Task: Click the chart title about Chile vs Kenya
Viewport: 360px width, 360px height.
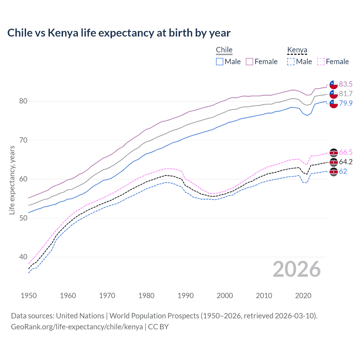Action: click(119, 33)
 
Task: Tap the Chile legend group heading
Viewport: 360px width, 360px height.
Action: click(224, 50)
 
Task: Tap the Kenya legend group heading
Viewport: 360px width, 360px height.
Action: click(297, 50)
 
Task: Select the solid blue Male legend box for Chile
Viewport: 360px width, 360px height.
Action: click(220, 62)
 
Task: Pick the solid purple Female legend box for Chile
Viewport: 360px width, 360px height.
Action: click(249, 62)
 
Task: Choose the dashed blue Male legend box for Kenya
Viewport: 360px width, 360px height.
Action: click(291, 62)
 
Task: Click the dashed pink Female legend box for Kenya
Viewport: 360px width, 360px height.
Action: click(321, 62)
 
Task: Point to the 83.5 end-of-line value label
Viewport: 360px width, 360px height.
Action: click(346, 84)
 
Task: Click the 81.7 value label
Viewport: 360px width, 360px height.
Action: click(346, 94)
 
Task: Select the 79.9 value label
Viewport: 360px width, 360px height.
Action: click(346, 103)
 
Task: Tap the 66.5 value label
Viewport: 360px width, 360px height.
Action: click(346, 152)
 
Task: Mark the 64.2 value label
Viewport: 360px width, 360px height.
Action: click(346, 162)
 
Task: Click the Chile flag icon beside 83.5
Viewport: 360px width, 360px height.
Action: click(334, 84)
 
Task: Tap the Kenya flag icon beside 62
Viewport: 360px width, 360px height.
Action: click(334, 172)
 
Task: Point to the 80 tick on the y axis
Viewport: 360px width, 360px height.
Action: click(23, 101)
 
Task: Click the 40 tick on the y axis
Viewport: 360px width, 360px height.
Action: click(23, 257)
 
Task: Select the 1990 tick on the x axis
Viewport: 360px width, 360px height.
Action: click(186, 296)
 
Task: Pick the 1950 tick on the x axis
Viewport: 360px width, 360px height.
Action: click(29, 296)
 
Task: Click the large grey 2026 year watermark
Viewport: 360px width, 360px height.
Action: click(296, 269)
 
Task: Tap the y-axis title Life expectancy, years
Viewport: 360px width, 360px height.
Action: click(12, 180)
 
